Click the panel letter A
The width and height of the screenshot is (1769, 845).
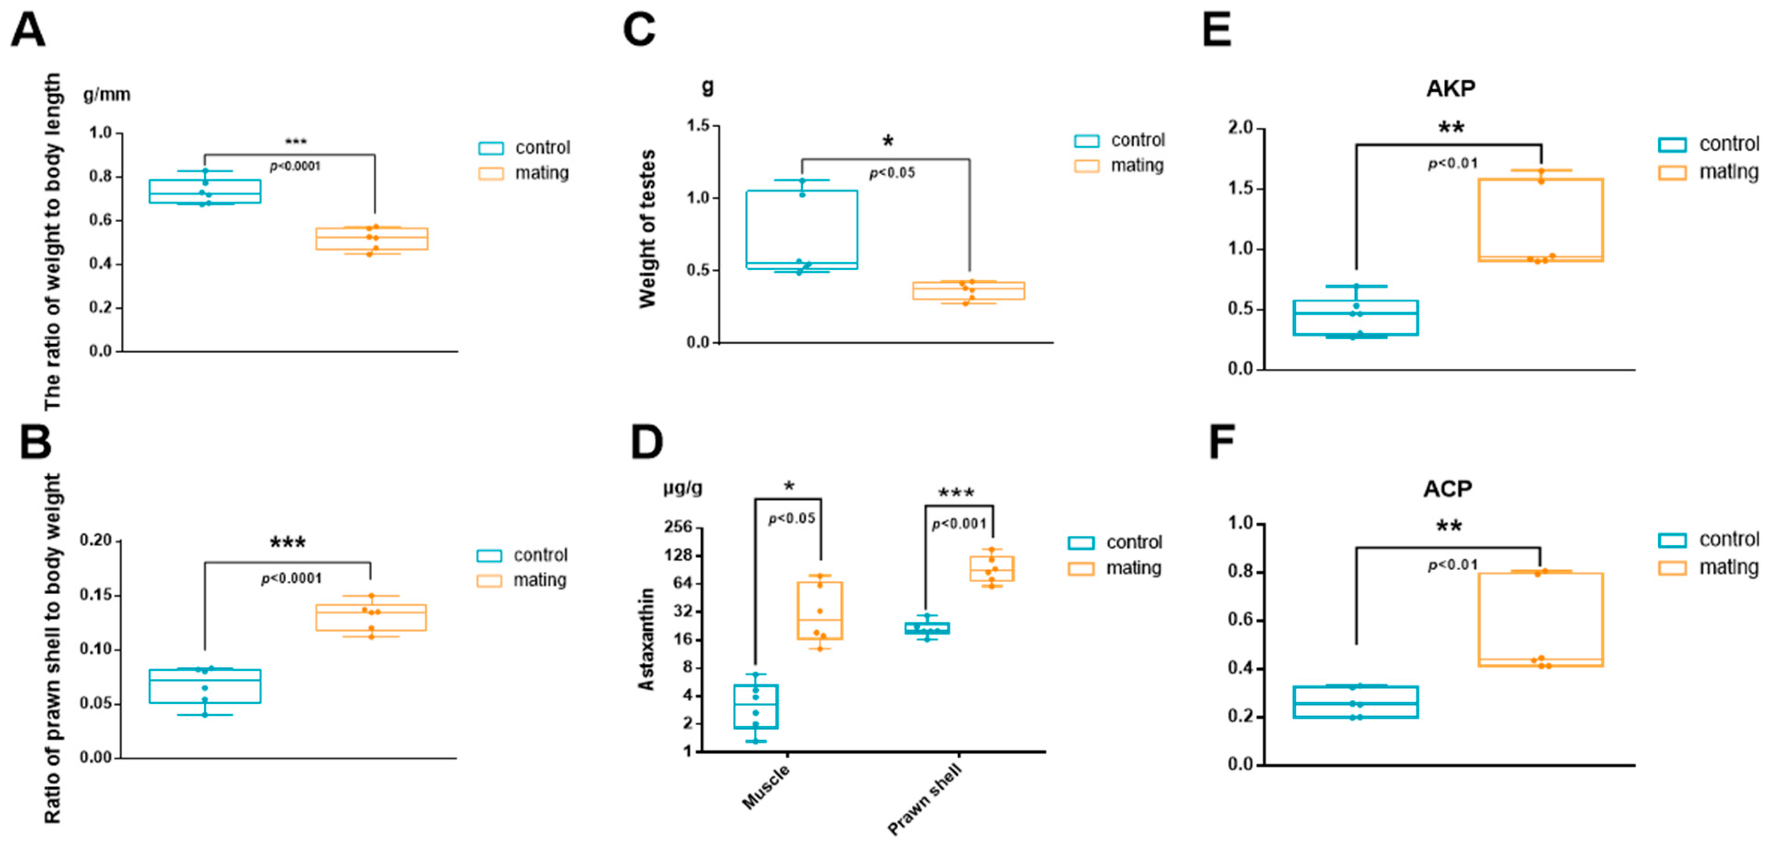pyautogui.click(x=28, y=31)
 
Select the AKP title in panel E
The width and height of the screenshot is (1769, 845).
pyautogui.click(x=1450, y=89)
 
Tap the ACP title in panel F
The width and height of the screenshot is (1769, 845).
pyautogui.click(x=1447, y=489)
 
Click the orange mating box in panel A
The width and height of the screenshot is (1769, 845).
pyautogui.click(x=371, y=238)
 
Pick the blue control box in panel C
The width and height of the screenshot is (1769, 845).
pyautogui.click(x=802, y=230)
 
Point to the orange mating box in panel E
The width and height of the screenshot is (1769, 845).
pyautogui.click(x=1541, y=220)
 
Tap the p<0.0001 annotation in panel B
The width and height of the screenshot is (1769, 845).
pyautogui.click(x=291, y=579)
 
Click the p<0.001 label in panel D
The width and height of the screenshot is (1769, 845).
pyautogui.click(x=959, y=524)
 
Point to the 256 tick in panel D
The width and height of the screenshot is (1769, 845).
pyautogui.click(x=679, y=527)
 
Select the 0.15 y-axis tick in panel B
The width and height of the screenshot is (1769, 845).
pyautogui.click(x=95, y=595)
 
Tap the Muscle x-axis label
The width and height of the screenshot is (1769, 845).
pyautogui.click(x=767, y=787)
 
